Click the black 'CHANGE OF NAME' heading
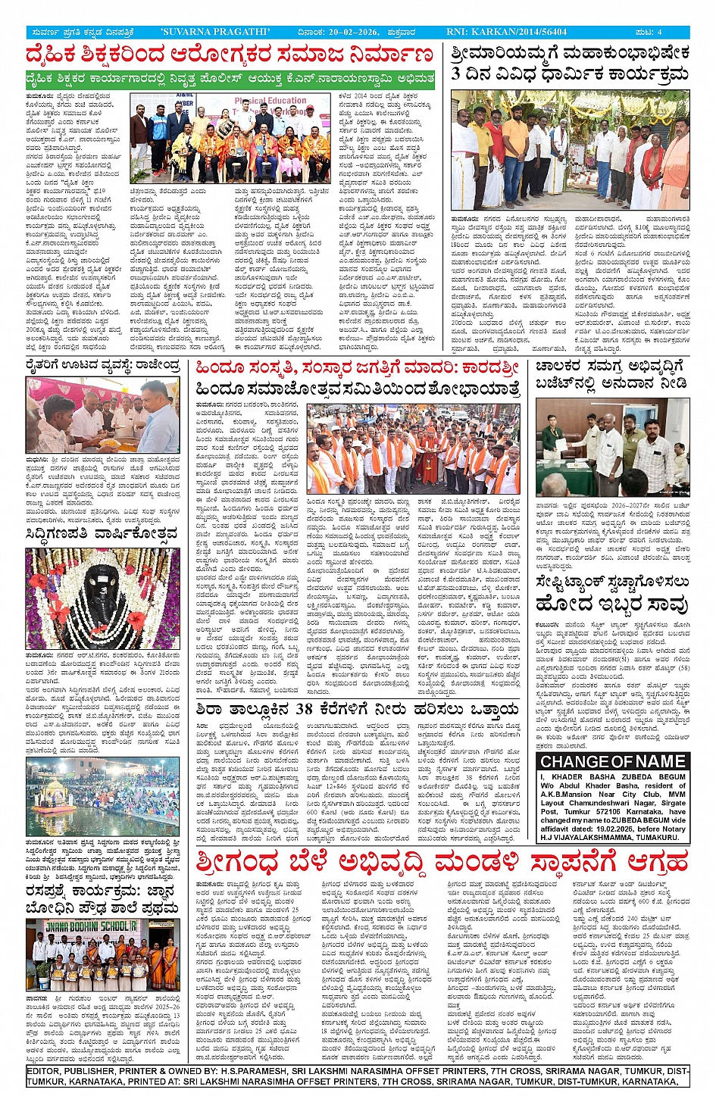pos(612,761)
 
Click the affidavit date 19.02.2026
pos(620,829)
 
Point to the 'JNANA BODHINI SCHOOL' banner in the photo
pos(82,926)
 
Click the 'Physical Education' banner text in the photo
pos(271,101)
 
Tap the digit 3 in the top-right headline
pos(457,74)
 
